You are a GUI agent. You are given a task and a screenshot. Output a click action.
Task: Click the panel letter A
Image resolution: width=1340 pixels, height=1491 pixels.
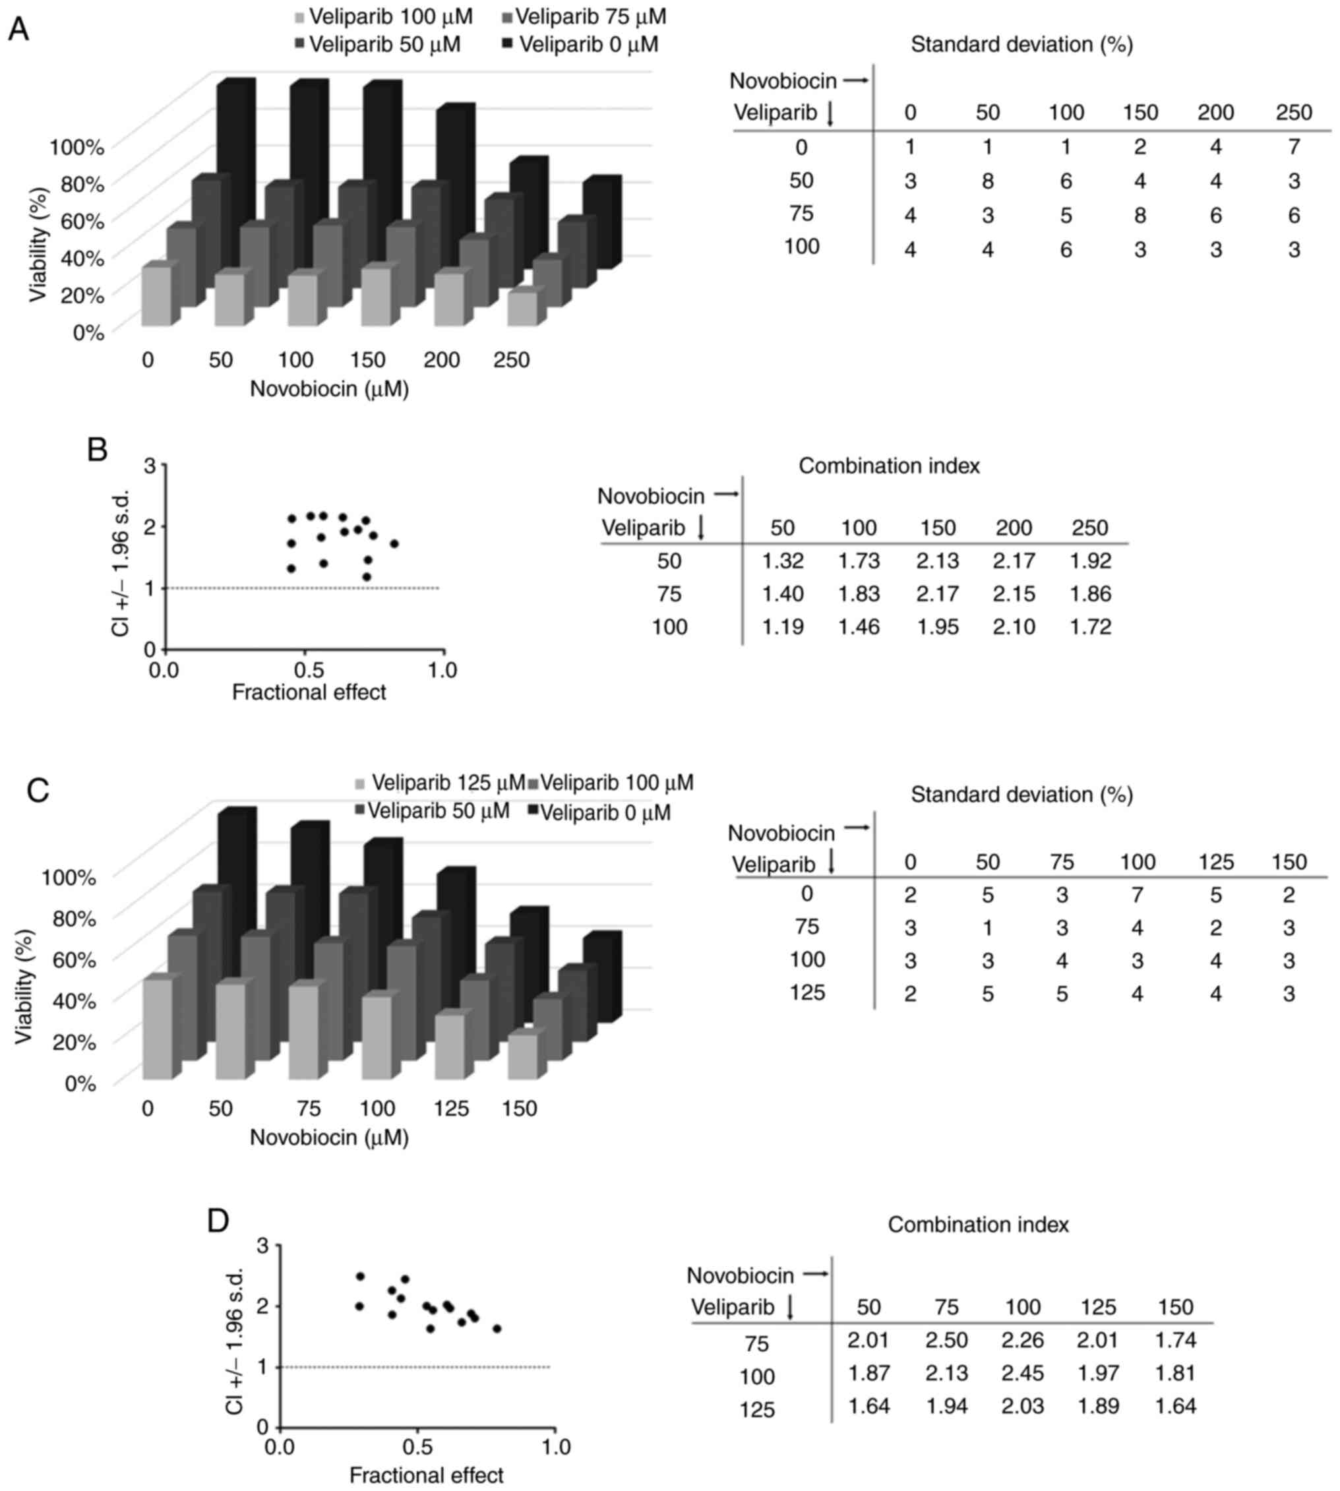pos(18,30)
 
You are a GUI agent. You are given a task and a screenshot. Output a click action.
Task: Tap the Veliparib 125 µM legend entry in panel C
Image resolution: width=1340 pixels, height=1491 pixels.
pos(440,782)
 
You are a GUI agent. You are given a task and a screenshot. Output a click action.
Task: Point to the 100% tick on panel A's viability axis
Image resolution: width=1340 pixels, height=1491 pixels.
pos(76,146)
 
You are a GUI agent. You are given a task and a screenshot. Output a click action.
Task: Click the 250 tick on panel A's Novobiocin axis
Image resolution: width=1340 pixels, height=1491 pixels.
pos(511,360)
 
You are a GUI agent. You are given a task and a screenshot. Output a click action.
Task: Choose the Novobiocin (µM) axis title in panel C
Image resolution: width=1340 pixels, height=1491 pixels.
pos(329,1137)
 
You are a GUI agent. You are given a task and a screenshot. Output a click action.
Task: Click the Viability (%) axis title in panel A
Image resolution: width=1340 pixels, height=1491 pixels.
pos(38,245)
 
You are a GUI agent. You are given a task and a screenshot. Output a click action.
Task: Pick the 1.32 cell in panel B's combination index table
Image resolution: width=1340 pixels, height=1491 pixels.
pos(783,561)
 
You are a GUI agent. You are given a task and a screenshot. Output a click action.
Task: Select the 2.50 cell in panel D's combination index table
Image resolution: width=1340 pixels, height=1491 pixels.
pos(946,1339)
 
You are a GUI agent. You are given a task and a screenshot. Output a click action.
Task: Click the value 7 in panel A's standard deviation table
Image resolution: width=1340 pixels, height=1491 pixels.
pos(1294,146)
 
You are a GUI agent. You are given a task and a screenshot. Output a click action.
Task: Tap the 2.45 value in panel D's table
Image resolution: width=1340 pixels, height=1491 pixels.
pos(1023,1372)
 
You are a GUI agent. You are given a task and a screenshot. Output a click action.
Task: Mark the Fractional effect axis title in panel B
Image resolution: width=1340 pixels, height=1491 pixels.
pos(309,692)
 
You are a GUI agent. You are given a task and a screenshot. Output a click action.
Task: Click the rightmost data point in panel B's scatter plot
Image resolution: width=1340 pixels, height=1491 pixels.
pos(394,544)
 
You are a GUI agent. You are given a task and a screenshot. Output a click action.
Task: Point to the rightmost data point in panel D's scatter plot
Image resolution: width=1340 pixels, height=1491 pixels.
pos(497,1329)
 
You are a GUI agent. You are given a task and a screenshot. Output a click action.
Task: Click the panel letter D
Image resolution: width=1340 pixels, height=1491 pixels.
pos(219,1221)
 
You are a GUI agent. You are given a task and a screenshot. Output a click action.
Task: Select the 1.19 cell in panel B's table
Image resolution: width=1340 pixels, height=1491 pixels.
pos(783,626)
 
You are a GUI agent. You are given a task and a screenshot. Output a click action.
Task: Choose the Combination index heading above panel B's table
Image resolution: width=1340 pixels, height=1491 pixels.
pos(889,466)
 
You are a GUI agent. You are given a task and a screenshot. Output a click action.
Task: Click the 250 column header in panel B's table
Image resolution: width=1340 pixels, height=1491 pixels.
pos(1089,528)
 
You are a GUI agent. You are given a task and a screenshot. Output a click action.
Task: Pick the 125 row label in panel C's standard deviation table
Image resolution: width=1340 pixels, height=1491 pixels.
pos(807,992)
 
